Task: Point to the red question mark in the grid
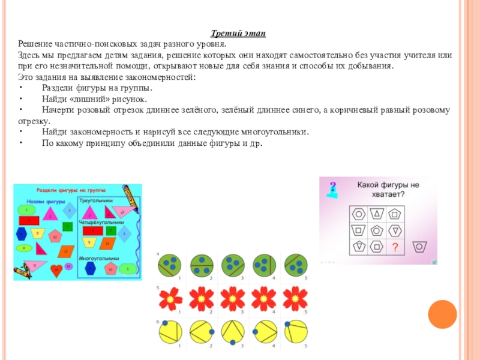pyautogui.click(x=395, y=248)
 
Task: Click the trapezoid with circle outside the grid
pyautogui.click(x=421, y=246)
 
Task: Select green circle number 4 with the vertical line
pyautogui.click(x=264, y=265)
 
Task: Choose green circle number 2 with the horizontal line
pyautogui.click(x=202, y=265)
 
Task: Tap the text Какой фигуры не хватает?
pyautogui.click(x=388, y=190)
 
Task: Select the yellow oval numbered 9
pyautogui.click(x=23, y=247)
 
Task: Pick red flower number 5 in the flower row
pyautogui.click(x=295, y=297)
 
